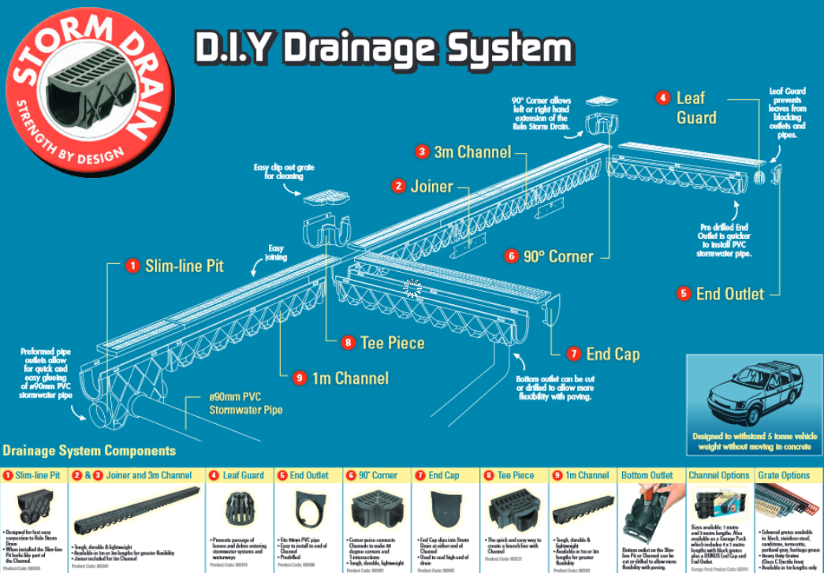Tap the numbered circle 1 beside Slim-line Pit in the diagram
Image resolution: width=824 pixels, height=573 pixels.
pyautogui.click(x=132, y=266)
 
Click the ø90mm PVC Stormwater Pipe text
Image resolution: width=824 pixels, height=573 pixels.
pyautogui.click(x=245, y=404)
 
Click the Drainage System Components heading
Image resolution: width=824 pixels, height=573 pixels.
pyautogui.click(x=89, y=451)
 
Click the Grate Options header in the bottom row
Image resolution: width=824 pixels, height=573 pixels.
pyautogui.click(x=784, y=475)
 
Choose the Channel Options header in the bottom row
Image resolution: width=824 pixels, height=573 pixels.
pyautogui.click(x=718, y=475)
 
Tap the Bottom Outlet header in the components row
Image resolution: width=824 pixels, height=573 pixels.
pyautogui.click(x=647, y=475)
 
